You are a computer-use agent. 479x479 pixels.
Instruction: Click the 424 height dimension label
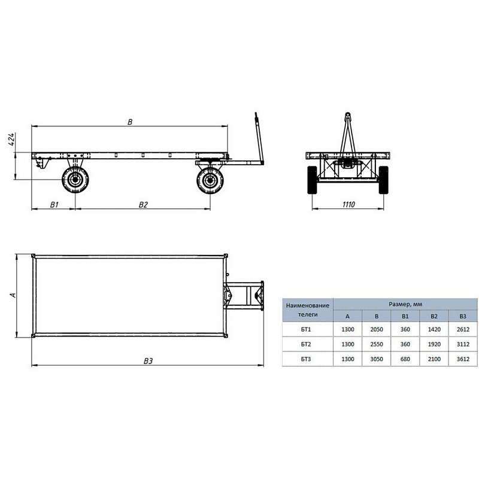[11, 140]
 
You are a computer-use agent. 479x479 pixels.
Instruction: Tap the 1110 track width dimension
[348, 204]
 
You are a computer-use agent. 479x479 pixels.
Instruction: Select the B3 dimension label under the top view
[148, 361]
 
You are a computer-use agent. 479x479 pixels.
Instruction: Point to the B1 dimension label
[54, 205]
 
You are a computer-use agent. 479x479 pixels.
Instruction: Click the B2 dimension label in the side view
[143, 205]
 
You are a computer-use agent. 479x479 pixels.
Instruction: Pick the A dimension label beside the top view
[13, 295]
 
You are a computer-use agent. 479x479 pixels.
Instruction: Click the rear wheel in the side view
[75, 180]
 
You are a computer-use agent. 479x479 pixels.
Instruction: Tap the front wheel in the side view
[210, 180]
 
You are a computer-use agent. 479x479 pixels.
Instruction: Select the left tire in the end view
[312, 180]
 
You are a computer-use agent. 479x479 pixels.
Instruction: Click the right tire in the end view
[383, 180]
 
